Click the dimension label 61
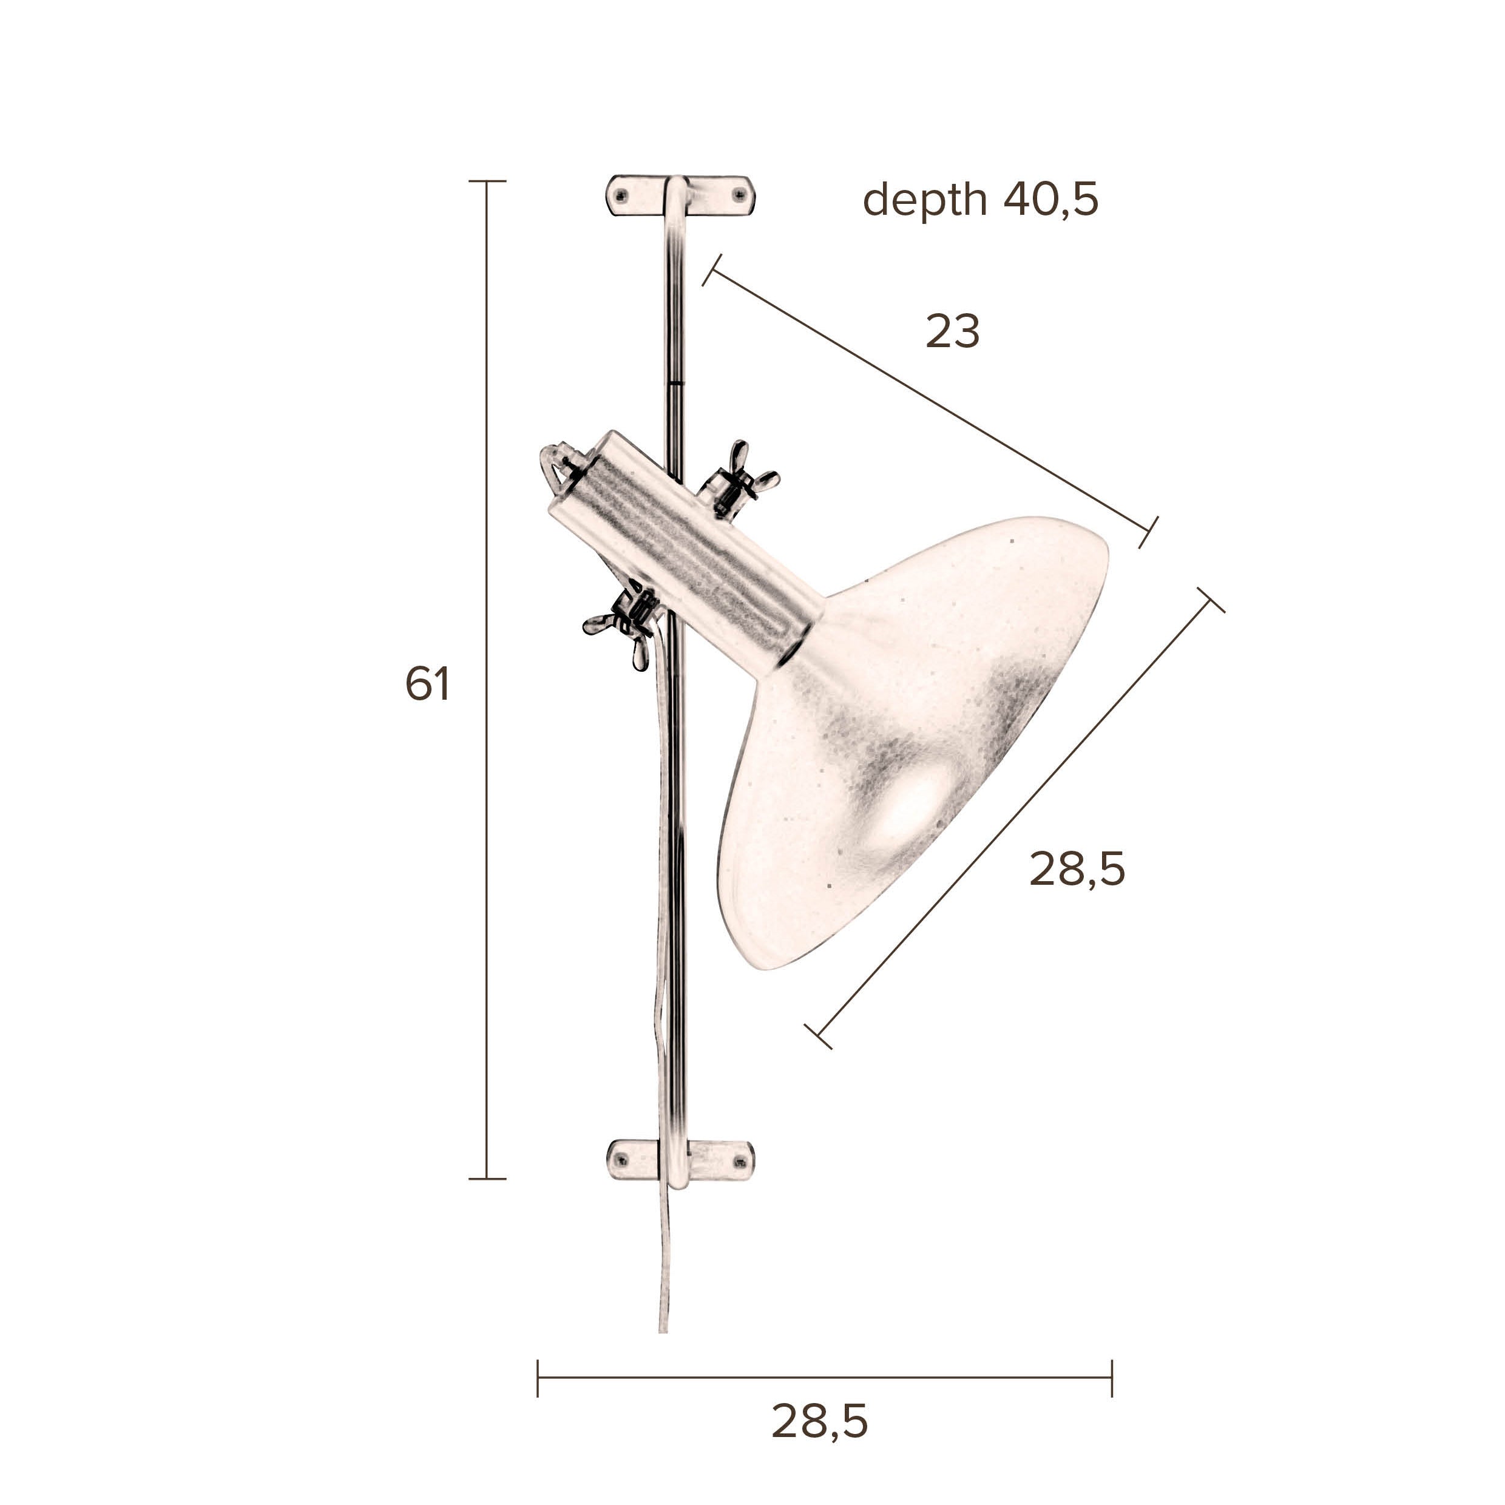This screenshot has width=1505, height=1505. (x=428, y=685)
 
